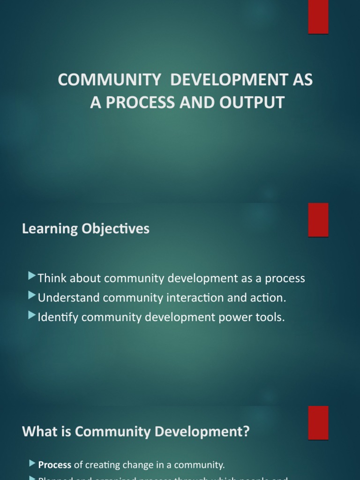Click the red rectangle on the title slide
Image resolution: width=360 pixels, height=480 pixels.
click(x=318, y=17)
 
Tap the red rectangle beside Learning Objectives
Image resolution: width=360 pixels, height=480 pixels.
click(x=318, y=220)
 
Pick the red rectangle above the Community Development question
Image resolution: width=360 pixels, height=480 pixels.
click(x=318, y=422)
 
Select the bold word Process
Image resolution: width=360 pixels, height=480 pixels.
click(x=54, y=465)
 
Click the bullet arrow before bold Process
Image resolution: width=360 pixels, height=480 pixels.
click(x=32, y=464)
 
